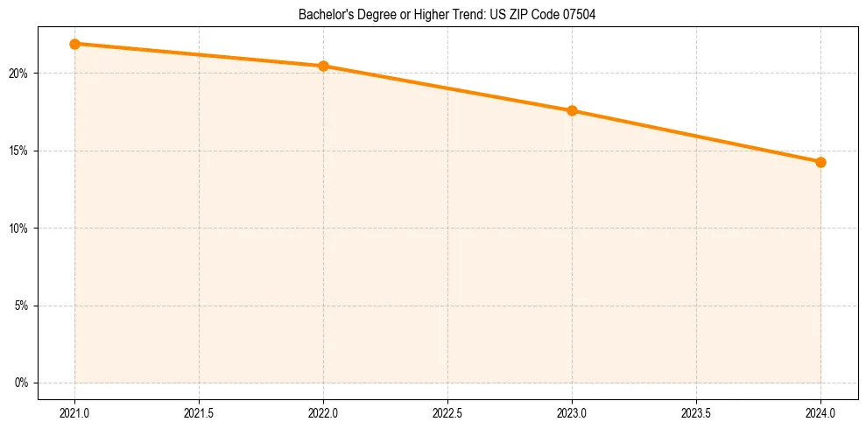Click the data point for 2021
click(74, 44)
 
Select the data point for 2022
click(323, 66)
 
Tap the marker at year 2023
click(572, 110)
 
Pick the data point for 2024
click(820, 162)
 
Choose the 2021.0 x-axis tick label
click(74, 411)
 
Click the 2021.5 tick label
click(199, 411)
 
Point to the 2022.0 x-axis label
click(323, 411)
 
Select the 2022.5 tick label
click(447, 411)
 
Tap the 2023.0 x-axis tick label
click(572, 411)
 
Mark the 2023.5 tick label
click(696, 411)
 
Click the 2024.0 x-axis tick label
click(820, 411)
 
